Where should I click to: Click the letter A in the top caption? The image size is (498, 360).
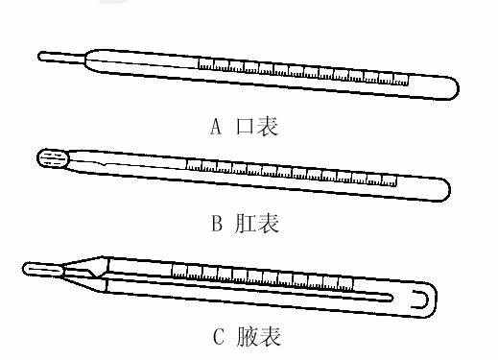point(214,127)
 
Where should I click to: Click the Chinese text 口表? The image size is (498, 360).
point(256,127)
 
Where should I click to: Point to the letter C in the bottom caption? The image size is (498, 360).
point(218,336)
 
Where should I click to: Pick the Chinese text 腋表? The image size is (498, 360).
point(259,336)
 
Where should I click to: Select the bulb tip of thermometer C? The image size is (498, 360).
point(42,270)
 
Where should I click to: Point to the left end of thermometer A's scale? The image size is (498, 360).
point(200,63)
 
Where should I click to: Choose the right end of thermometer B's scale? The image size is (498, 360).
point(394,180)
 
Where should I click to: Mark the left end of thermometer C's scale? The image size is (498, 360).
point(174,267)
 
